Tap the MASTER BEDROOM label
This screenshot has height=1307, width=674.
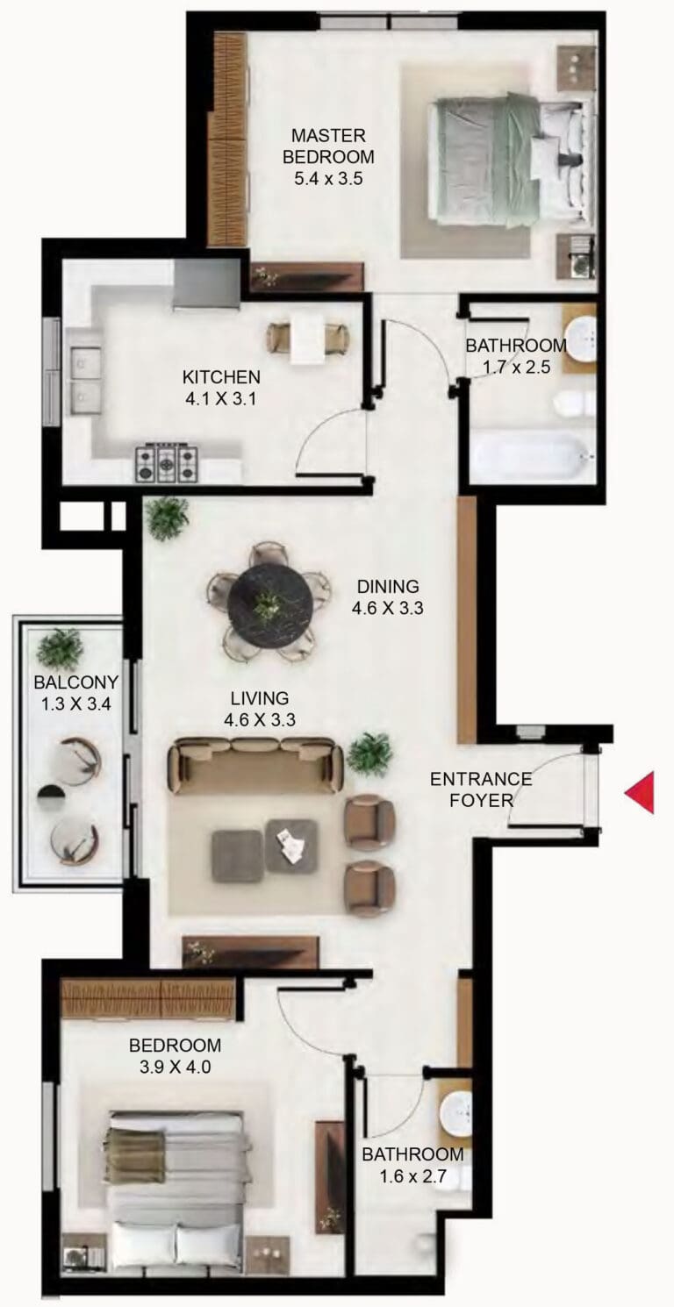click(x=328, y=146)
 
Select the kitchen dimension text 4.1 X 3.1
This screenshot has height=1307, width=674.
click(x=221, y=399)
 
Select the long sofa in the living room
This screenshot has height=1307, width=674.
click(x=255, y=766)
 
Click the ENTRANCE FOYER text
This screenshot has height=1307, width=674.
click(x=481, y=789)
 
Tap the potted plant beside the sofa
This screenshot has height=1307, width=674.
click(x=369, y=753)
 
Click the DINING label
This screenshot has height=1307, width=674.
click(x=388, y=586)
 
